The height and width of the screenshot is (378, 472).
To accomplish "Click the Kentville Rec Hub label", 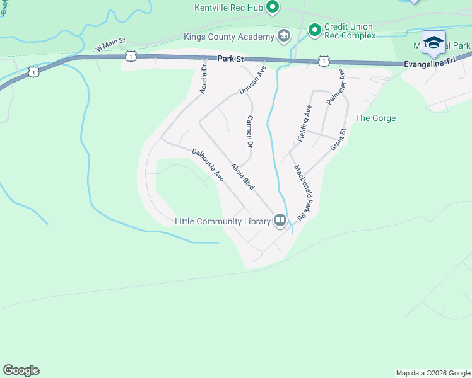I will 228,8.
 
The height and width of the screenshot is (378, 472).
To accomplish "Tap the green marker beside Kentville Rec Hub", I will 273,8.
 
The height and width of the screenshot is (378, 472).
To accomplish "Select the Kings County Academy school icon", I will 283,36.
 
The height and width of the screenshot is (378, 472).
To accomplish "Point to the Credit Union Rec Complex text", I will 349,31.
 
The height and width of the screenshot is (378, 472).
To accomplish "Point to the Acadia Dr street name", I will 204,79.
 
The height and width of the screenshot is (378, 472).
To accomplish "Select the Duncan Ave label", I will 253,81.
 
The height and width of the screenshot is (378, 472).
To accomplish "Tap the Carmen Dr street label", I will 250,132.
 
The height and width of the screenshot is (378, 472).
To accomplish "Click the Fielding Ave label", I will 305,123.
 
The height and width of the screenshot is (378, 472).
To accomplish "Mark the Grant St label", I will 339,140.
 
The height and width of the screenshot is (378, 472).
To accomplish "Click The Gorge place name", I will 375,118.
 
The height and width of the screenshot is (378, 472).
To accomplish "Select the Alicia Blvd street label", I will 242,177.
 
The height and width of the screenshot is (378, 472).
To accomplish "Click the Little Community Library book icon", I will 280,220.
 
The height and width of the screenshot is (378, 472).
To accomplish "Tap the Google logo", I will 21,370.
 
